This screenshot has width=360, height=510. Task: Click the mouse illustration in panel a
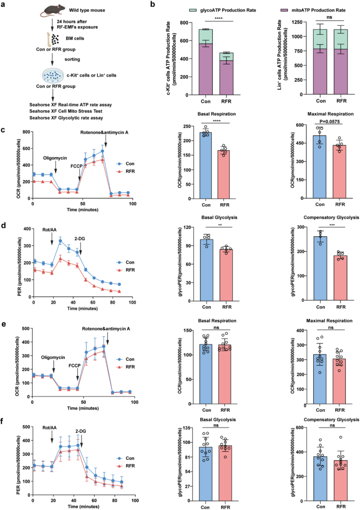point(52,11)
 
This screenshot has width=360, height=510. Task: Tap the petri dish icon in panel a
point(53,76)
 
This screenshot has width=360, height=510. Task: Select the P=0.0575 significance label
point(330,122)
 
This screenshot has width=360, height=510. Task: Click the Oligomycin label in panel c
point(55,158)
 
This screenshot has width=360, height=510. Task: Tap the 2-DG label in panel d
point(79,239)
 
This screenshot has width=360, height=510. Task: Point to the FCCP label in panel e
point(75,366)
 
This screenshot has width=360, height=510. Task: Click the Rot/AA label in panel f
point(49,428)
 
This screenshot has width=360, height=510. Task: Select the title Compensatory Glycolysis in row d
point(331,217)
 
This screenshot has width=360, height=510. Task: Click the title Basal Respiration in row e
point(217,321)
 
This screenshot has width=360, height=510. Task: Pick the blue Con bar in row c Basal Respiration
point(205,165)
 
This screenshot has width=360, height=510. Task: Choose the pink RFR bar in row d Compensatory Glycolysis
point(341,278)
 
